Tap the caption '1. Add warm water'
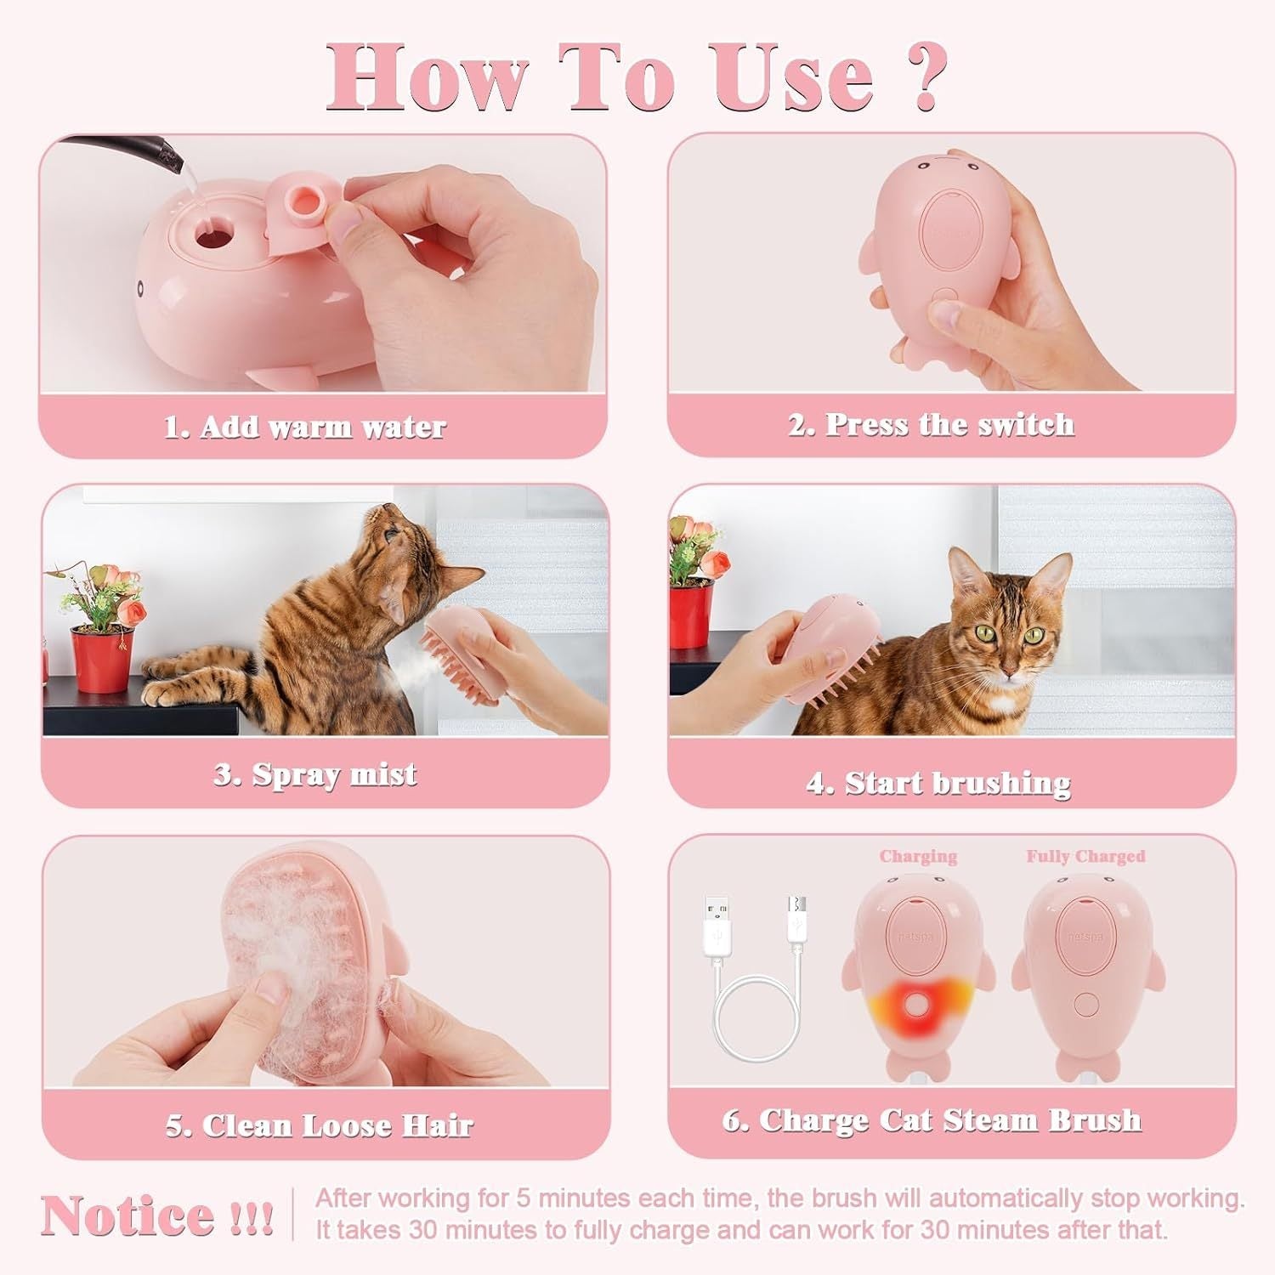(x=304, y=427)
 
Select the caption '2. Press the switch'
(x=932, y=424)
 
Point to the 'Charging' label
(x=918, y=856)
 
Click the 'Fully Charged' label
(x=1085, y=856)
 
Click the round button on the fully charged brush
(x=1086, y=1005)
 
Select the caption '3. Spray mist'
(x=315, y=774)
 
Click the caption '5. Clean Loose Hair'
(x=319, y=1125)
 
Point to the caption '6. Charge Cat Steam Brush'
(x=932, y=1120)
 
